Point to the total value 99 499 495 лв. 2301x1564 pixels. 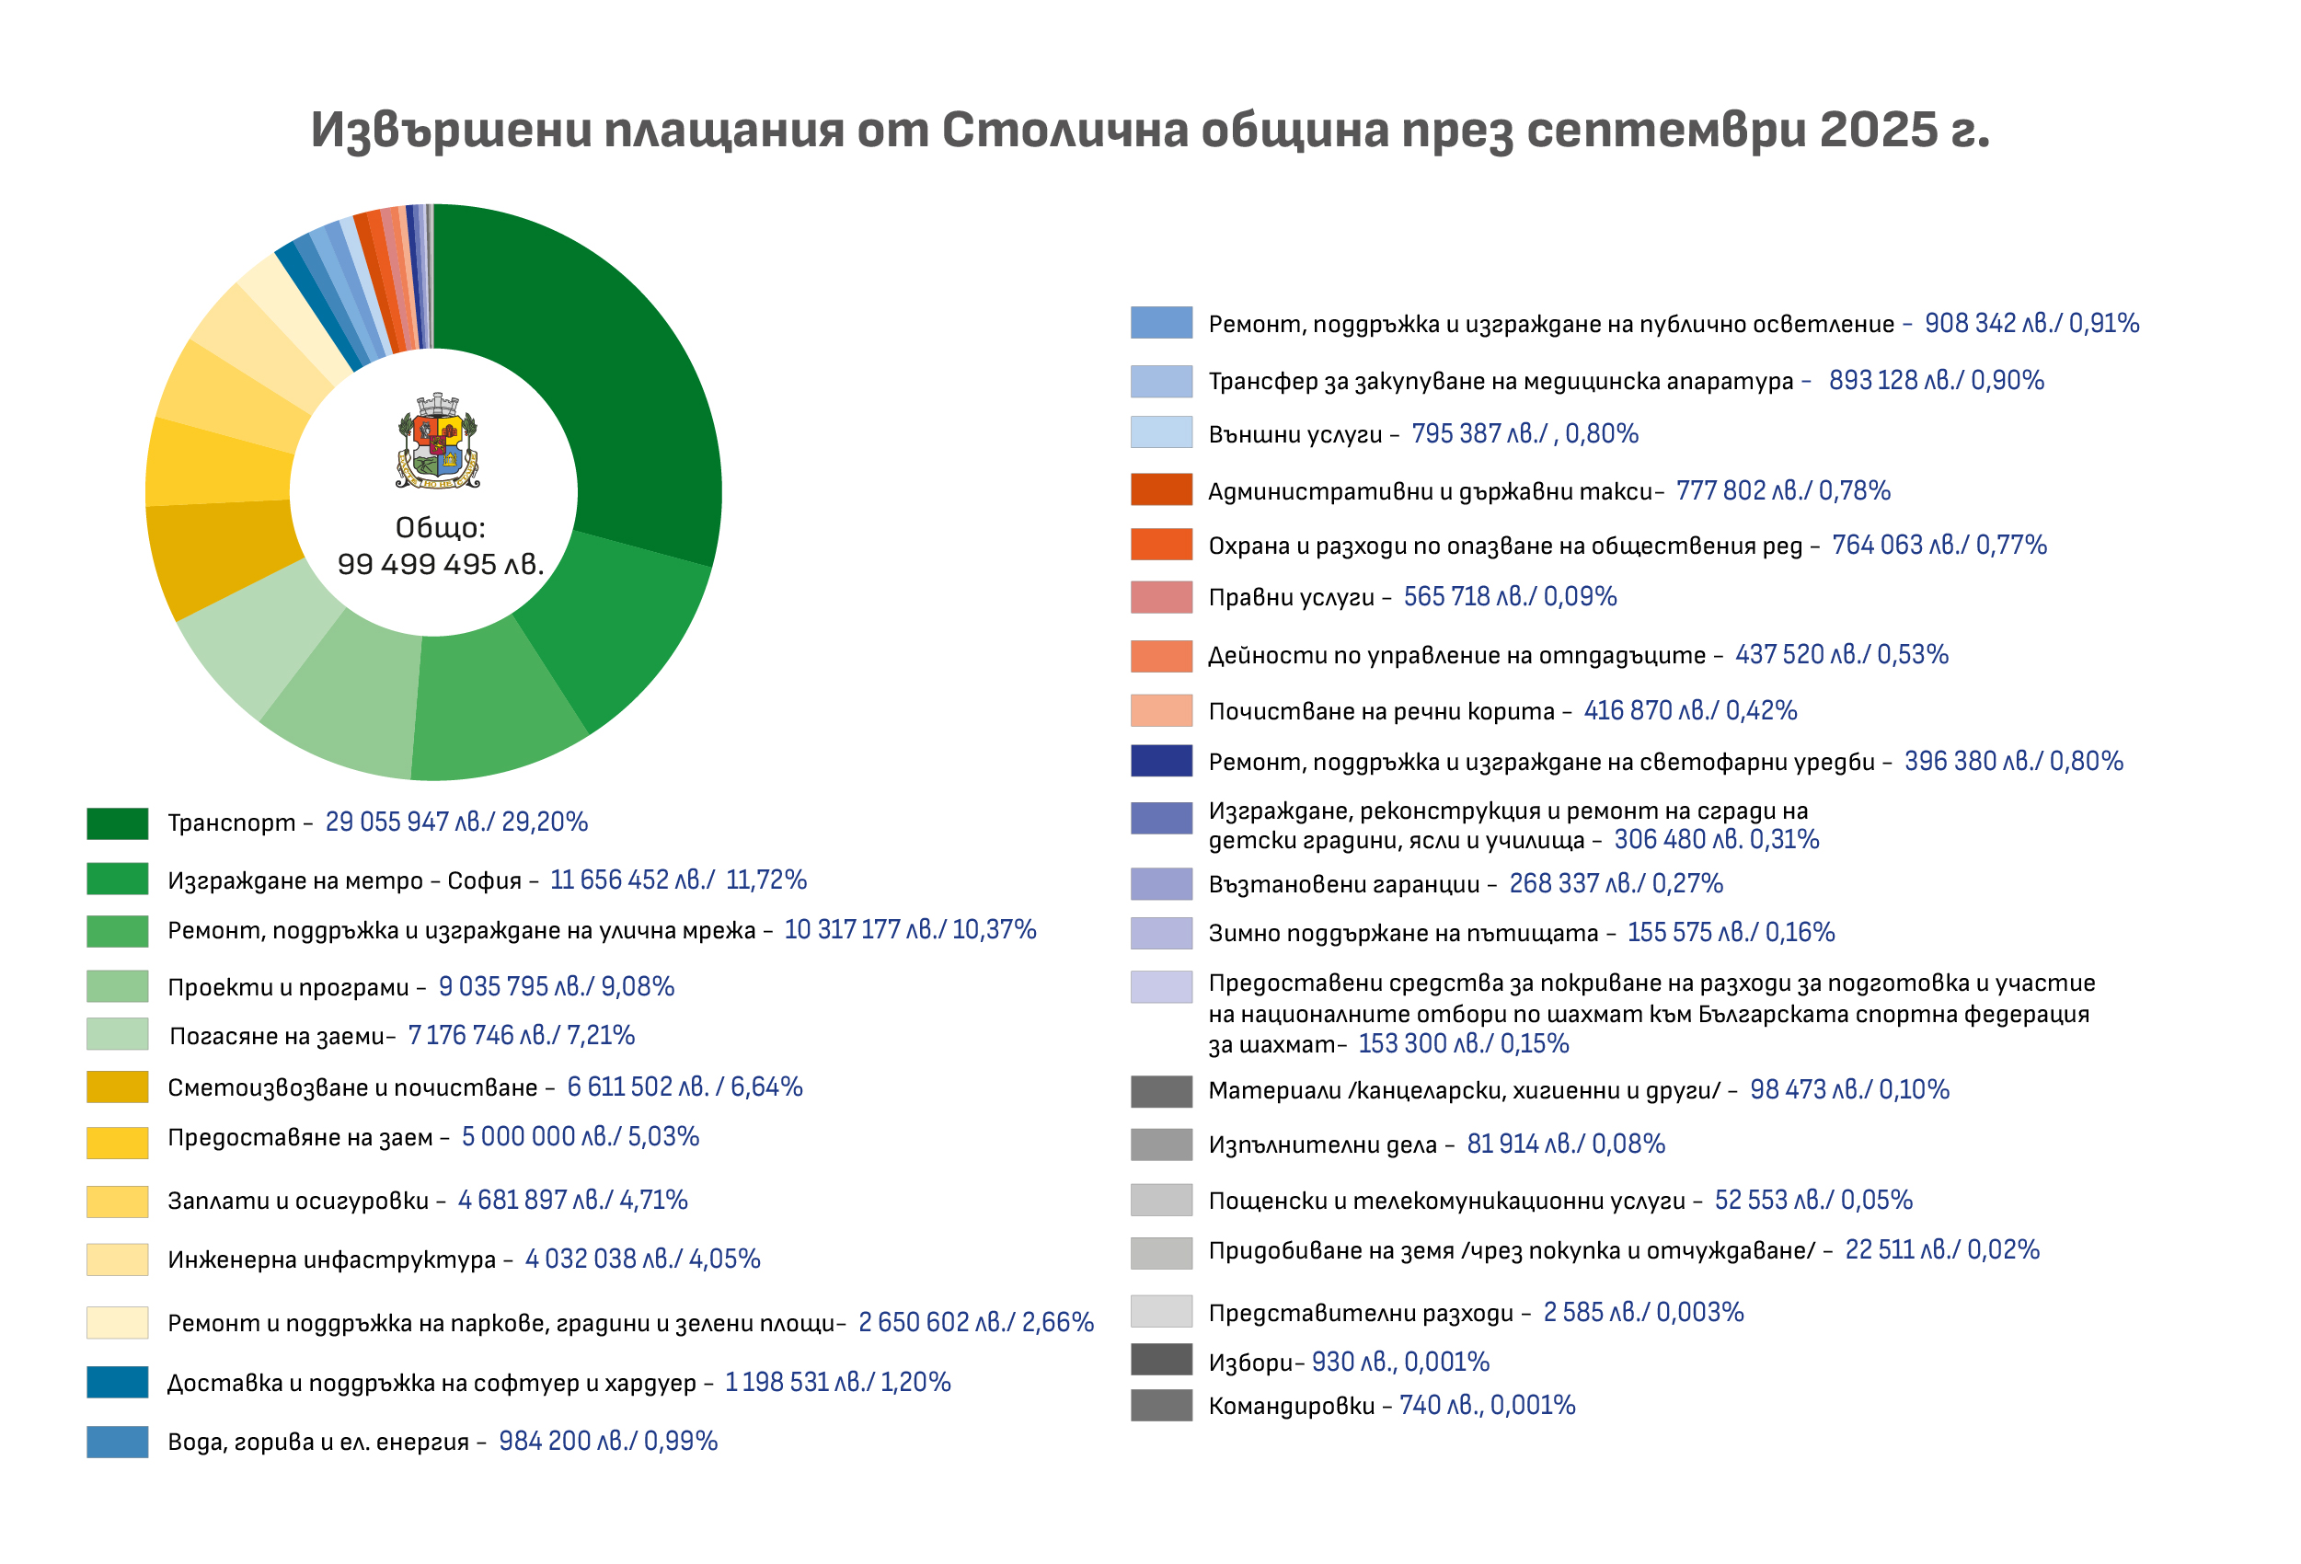tap(441, 564)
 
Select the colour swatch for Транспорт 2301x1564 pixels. tap(117, 823)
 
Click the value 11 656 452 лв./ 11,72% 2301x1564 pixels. tap(678, 880)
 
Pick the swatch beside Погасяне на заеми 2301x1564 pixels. tap(117, 1034)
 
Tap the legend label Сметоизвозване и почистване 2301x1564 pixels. tap(352, 1087)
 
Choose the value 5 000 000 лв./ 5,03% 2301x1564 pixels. tap(581, 1137)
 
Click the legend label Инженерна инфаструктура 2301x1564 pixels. tap(332, 1260)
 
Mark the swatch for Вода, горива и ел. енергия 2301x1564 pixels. tap(117, 1443)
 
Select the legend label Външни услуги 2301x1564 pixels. tap(1295, 434)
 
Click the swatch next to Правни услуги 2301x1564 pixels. tap(1161, 598)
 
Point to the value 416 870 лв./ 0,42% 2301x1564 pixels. tap(1690, 711)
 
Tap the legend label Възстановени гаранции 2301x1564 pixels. tap(1343, 885)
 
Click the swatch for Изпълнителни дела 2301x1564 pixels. tap(1161, 1145)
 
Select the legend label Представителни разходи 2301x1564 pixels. tap(1361, 1314)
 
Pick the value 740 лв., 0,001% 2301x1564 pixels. tap(1486, 1406)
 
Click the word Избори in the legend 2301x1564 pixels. tap(1250, 1363)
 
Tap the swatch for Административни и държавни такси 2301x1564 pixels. tap(1161, 490)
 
